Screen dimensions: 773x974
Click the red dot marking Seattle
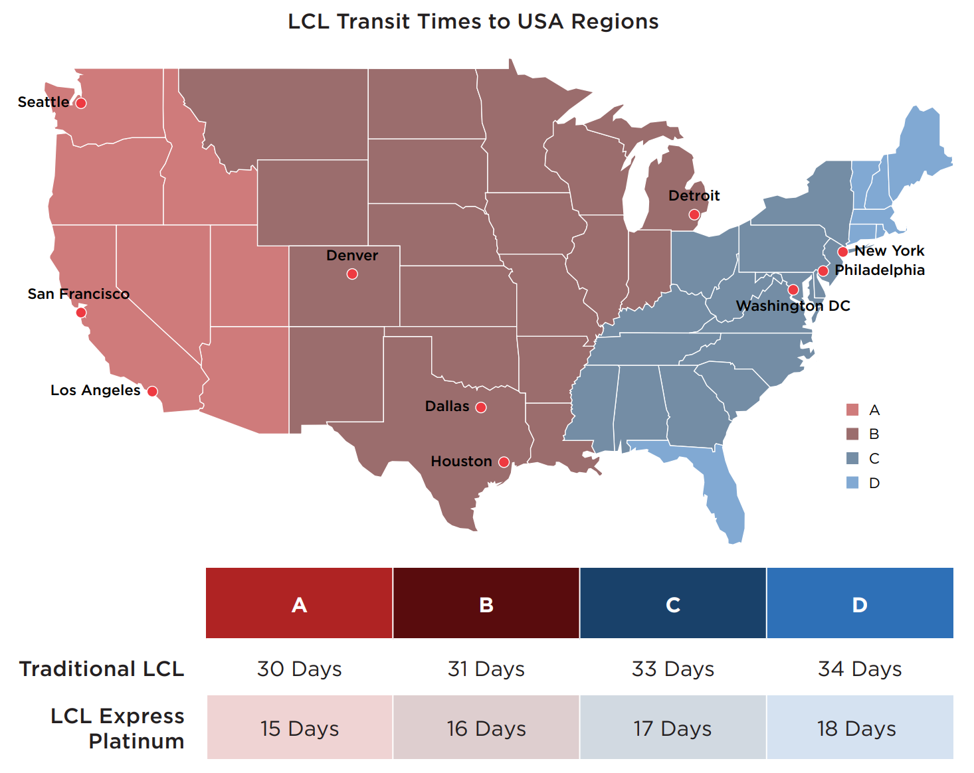coord(81,103)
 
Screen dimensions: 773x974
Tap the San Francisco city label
coord(78,294)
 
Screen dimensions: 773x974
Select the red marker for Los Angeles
coord(152,391)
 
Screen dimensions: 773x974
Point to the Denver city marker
coord(352,274)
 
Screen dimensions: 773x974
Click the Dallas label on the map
coord(447,406)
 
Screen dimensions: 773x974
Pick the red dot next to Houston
coord(504,462)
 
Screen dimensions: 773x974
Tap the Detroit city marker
coord(694,214)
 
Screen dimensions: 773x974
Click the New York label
coord(889,250)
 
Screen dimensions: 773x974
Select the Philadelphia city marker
coord(823,271)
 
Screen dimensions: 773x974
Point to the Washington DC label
coord(793,305)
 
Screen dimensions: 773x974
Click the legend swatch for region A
coord(852,410)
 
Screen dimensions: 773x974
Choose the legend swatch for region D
coord(852,483)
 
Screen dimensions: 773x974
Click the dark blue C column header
coord(672,603)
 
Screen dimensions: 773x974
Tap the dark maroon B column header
coord(486,603)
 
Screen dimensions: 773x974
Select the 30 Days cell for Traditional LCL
coord(299,669)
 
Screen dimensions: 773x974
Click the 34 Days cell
coord(860,669)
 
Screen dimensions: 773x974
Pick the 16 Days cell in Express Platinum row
coord(486,728)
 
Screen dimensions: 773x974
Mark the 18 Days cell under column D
coord(860,728)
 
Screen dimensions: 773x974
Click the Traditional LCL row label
coord(102,669)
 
